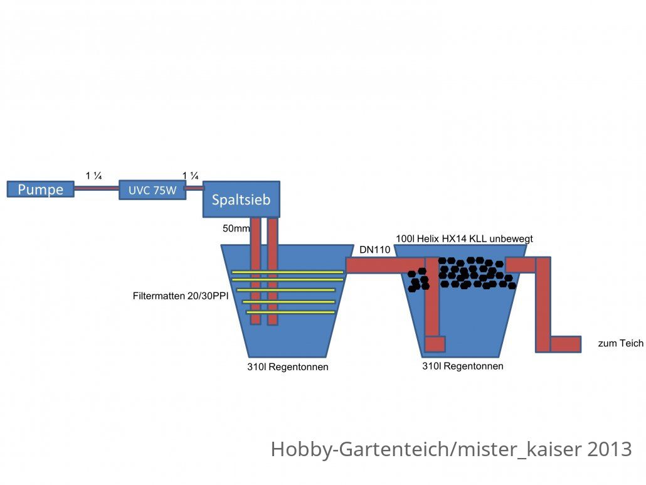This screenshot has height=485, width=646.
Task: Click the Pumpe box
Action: [40, 189]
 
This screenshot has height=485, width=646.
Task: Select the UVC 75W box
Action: [152, 190]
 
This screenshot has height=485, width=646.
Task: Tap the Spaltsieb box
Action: [241, 200]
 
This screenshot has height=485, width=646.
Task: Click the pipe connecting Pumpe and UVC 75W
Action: [97, 188]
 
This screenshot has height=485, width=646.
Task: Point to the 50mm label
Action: [236, 228]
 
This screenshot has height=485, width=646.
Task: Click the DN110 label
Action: [374, 249]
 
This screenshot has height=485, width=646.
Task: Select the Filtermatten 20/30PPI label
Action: [181, 296]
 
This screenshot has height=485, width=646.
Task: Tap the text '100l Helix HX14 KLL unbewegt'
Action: [464, 238]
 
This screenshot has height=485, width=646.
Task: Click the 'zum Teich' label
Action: [620, 343]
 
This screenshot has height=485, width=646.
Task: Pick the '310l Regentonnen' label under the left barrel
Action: [288, 367]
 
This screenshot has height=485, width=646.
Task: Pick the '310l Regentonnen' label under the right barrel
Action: [463, 366]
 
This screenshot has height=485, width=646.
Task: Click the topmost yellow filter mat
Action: [288, 272]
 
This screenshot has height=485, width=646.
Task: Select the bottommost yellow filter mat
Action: [290, 312]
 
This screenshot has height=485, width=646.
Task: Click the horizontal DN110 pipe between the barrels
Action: [385, 265]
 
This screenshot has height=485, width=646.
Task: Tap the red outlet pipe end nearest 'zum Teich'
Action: [566, 344]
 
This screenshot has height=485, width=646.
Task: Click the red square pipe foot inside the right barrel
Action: [435, 344]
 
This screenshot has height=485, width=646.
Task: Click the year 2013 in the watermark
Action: [610, 449]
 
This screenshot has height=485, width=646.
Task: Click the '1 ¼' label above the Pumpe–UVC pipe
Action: [93, 176]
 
